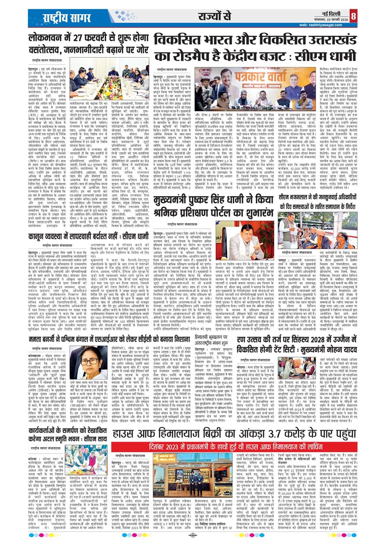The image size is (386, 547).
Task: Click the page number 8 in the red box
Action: tap(378, 17)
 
